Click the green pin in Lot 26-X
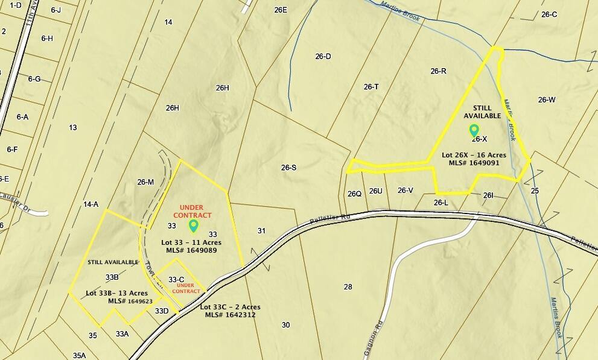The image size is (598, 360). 474,130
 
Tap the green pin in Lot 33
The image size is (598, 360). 194,226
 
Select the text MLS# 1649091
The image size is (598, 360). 474,163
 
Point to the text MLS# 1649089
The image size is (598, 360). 191,250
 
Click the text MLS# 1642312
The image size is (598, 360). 231,315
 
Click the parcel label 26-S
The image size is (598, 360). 289,168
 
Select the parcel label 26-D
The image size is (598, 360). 323,57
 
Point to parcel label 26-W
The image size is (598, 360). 547,100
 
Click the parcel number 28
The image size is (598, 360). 348,287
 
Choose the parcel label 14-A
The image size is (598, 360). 91,205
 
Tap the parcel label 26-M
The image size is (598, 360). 145,182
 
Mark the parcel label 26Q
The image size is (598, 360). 354,194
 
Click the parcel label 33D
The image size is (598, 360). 162,311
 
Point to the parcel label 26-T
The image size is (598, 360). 371,87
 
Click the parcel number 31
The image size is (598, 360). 261,231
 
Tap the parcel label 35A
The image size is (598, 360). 79,356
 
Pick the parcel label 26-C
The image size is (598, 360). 549,14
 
